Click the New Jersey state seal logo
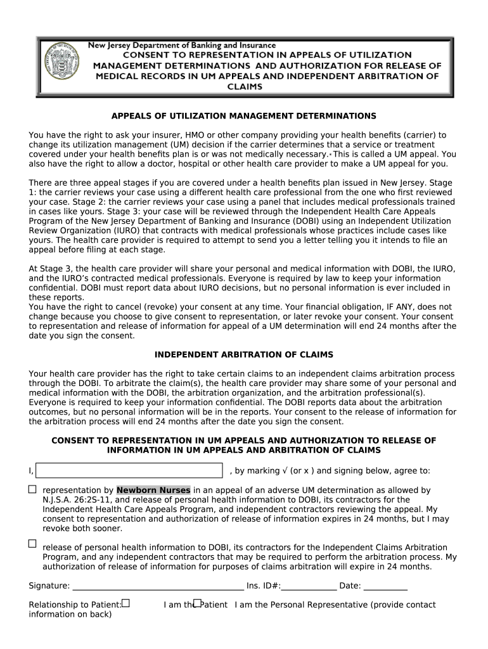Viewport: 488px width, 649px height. [60, 66]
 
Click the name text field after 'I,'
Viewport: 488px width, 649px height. [130, 470]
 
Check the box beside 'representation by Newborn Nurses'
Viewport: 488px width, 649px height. [32, 489]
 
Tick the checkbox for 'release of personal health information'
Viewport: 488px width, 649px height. [32, 543]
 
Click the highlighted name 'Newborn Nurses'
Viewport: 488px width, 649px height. [153, 491]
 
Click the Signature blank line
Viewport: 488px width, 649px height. [157, 586]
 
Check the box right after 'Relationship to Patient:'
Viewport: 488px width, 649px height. [125, 603]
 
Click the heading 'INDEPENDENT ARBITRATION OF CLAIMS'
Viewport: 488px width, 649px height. [244, 355]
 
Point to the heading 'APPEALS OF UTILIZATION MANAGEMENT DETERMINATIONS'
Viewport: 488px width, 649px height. [244, 116]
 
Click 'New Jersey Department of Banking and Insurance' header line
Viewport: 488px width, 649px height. [181, 46]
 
